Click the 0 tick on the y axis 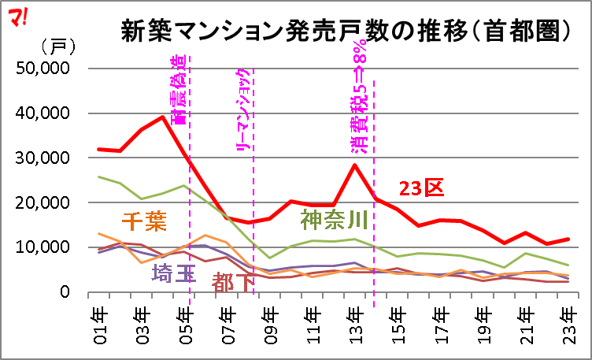[x=66, y=292]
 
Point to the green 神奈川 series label [x=331, y=219]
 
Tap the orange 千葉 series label [x=145, y=221]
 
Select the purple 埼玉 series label [x=173, y=273]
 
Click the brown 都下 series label [x=234, y=281]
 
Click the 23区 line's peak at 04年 [x=163, y=117]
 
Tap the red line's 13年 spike [x=356, y=165]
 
